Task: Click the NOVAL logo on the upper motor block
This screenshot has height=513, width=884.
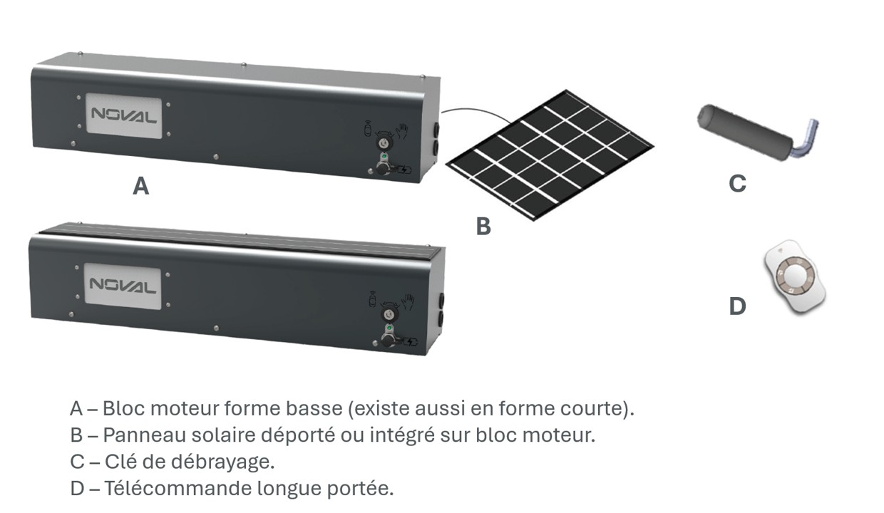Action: click(x=123, y=115)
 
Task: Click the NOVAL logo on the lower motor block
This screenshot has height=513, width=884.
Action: click(x=123, y=286)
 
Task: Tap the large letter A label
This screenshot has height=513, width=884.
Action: click(x=141, y=186)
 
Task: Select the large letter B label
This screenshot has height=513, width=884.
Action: click(x=483, y=226)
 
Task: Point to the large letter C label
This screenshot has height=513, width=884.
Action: click(x=737, y=183)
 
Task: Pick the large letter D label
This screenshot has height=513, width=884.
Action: click(x=737, y=306)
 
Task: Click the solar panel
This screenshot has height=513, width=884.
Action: click(x=550, y=155)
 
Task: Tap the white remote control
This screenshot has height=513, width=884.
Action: click(x=795, y=277)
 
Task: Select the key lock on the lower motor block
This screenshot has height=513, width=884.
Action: click(x=389, y=314)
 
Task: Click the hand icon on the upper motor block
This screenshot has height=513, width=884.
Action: click(x=403, y=131)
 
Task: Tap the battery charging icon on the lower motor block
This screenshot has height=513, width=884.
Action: click(x=411, y=341)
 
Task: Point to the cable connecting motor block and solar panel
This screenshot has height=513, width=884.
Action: click(x=476, y=111)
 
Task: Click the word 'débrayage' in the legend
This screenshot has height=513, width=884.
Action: click(x=222, y=462)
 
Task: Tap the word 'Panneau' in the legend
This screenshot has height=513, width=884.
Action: click(x=145, y=435)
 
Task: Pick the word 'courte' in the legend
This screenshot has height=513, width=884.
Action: click(x=591, y=408)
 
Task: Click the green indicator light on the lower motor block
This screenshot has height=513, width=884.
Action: click(x=389, y=328)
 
